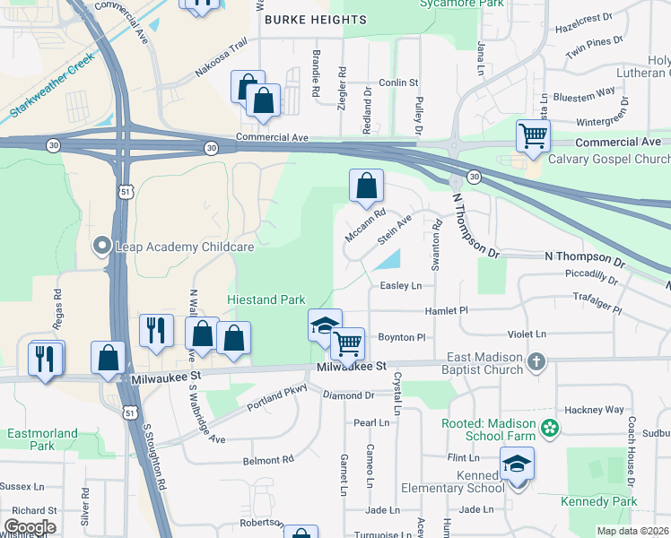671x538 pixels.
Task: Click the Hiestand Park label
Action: click(266, 300)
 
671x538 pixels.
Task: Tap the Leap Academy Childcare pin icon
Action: click(102, 245)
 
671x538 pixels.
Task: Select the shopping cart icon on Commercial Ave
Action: click(533, 136)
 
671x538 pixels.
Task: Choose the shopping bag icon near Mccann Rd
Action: click(366, 187)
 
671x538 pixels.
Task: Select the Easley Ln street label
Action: click(400, 286)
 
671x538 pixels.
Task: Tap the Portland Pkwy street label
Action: click(277, 397)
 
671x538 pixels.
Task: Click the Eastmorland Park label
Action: click(42, 438)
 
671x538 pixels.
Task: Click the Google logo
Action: click(29, 527)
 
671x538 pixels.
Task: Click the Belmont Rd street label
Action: click(268, 460)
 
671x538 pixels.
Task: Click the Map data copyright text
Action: click(632, 531)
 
